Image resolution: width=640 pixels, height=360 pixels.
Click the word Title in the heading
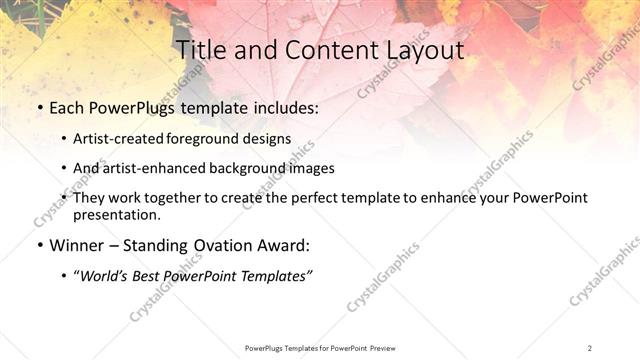(200, 50)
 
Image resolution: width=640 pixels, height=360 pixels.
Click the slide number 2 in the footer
(590, 348)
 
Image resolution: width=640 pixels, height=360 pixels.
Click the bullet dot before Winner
(39, 245)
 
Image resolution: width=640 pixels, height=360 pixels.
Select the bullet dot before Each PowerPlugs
(39, 106)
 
